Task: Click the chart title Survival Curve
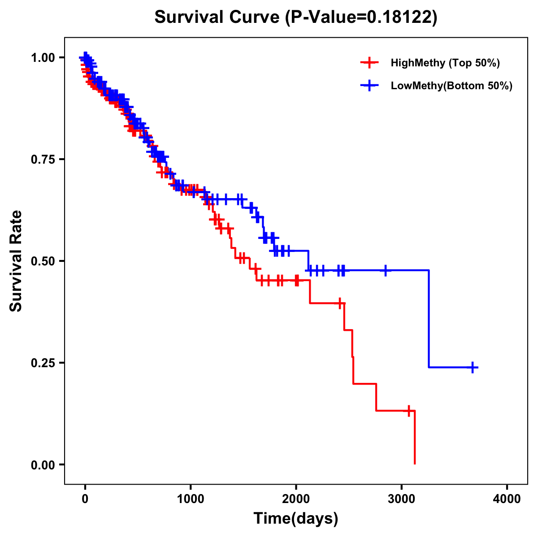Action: [x=218, y=17]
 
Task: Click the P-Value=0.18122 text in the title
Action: [x=361, y=17]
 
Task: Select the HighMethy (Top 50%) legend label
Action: [x=445, y=63]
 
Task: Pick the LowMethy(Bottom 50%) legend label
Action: [x=451, y=86]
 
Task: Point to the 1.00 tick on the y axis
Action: [x=43, y=57]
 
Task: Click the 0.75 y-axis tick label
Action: [x=43, y=159]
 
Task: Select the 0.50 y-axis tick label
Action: [x=43, y=261]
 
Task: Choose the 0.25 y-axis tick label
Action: [x=43, y=363]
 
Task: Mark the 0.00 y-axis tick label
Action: [x=43, y=464]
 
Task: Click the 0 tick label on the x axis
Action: [x=85, y=499]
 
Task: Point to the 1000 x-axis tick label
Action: [x=191, y=499]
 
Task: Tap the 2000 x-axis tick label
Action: [x=296, y=499]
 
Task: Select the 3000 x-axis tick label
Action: [x=402, y=499]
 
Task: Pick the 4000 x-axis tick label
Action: [x=507, y=499]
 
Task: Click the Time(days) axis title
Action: [x=296, y=519]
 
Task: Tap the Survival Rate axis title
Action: [x=16, y=261]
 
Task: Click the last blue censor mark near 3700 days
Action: [x=473, y=367]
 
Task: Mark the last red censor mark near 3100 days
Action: [x=409, y=410]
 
